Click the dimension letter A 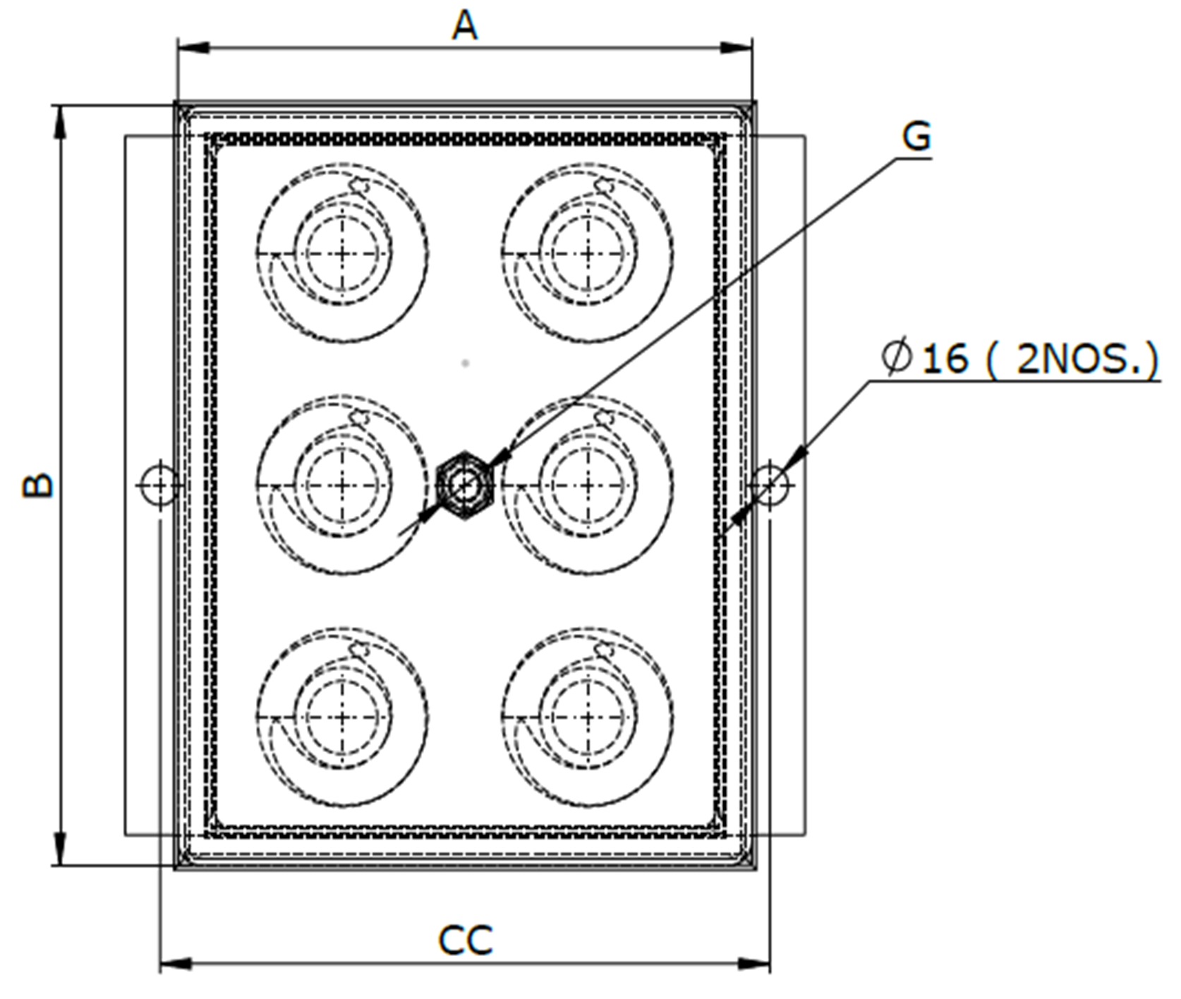coord(465,27)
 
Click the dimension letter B coord(39,485)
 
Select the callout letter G coord(916,137)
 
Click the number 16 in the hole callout coord(945,358)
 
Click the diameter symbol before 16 coord(897,358)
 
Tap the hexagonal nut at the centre coord(463,485)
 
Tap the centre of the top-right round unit coord(587,253)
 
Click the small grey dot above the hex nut coord(465,363)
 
